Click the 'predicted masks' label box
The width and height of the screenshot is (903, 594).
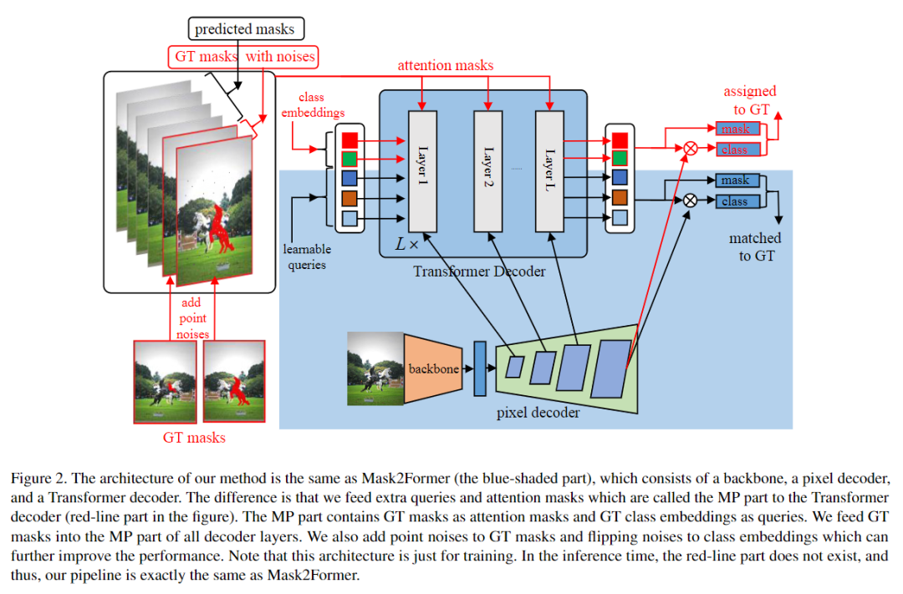coord(244,29)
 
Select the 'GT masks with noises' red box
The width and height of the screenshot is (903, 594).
coord(244,57)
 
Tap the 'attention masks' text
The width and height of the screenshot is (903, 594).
coord(445,64)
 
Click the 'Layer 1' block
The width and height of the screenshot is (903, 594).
coord(422,170)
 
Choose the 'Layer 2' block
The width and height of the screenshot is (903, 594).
coord(488,170)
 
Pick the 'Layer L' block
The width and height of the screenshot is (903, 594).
coord(549,170)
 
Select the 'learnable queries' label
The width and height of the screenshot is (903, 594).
coord(307,256)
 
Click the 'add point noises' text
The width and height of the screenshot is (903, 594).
coord(191,318)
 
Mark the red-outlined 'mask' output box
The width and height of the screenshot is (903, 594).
coord(737,129)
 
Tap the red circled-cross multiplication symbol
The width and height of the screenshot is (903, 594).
coord(691,149)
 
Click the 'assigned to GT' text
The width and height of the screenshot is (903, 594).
coord(749,99)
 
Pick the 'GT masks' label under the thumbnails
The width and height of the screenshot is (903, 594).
coord(194,437)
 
